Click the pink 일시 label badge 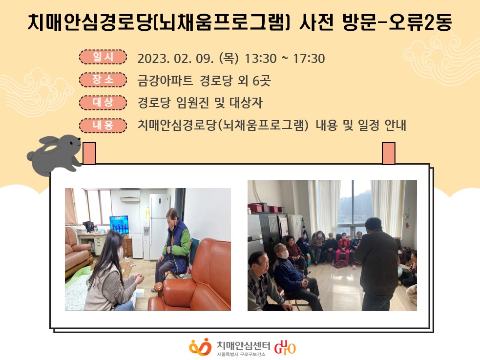pos(103,57)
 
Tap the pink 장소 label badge pos(103,80)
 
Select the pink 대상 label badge pos(103,103)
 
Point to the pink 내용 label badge pos(103,126)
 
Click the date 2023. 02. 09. pos(175,59)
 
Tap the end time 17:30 pos(309,59)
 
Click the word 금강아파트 pos(165,81)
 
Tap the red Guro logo pos(285,347)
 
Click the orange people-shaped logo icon pos(200,347)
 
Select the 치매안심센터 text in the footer pos(243,345)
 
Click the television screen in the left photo pos(119,224)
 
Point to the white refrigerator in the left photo pos(160,226)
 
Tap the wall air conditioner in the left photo pos(129,195)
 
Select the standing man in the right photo pos(377,264)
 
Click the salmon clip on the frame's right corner pos(389,153)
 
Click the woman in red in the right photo pos(343,248)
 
